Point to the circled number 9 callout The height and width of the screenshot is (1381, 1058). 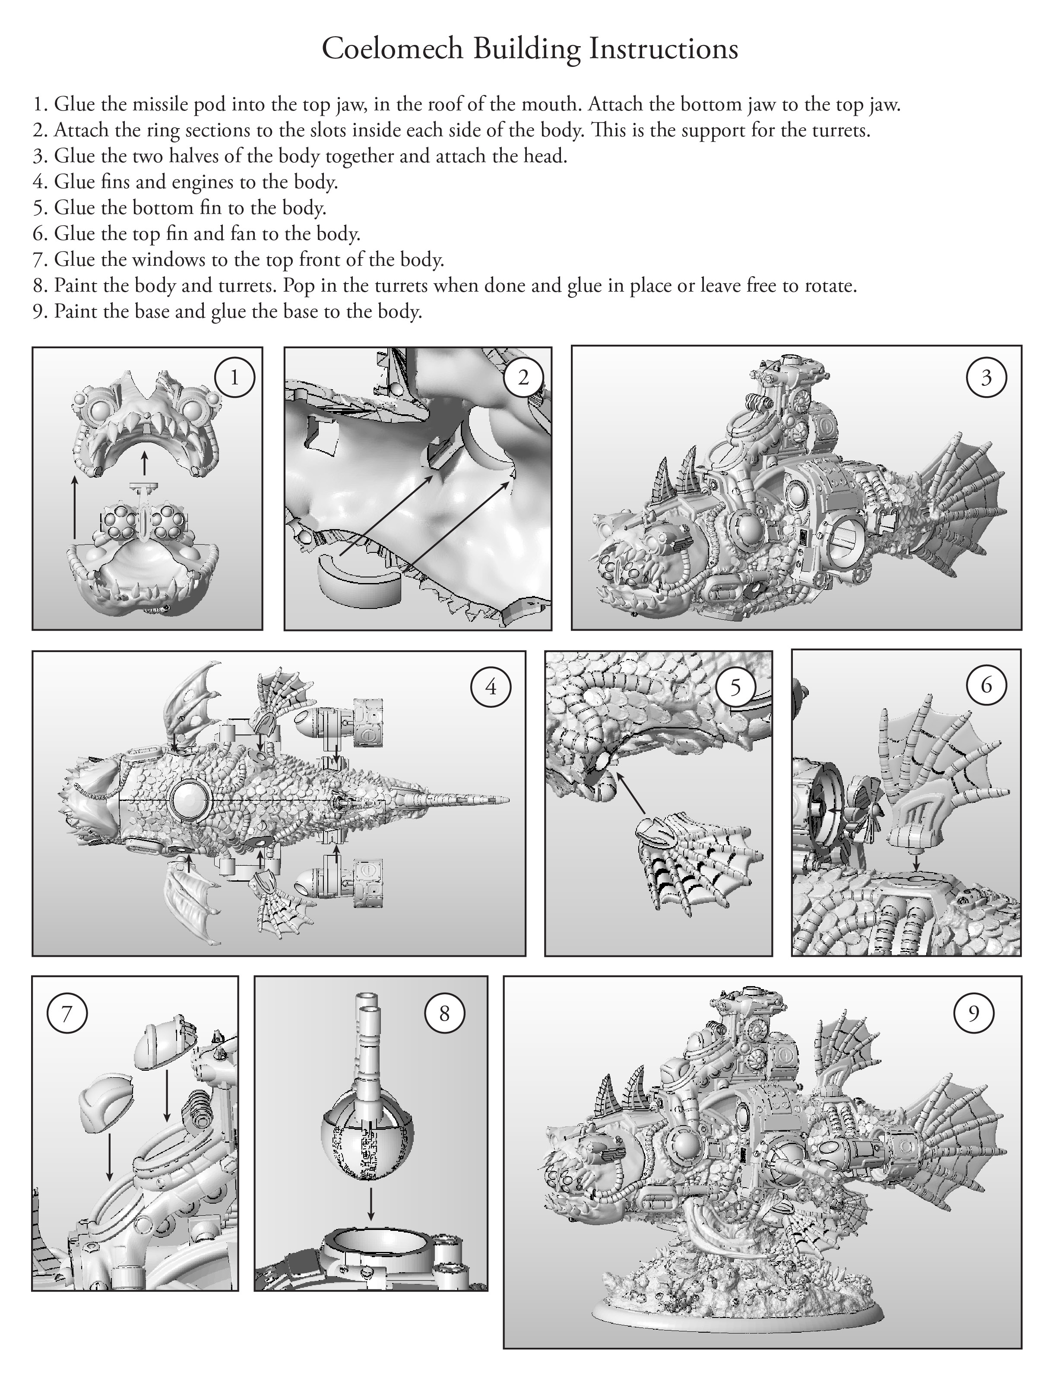pos(974,1013)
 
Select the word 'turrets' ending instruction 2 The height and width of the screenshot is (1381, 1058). pos(839,131)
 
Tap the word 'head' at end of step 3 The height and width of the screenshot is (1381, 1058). pos(545,156)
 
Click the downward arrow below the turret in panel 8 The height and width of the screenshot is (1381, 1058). pos(371,1204)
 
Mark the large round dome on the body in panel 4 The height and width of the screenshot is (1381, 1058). pos(189,799)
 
